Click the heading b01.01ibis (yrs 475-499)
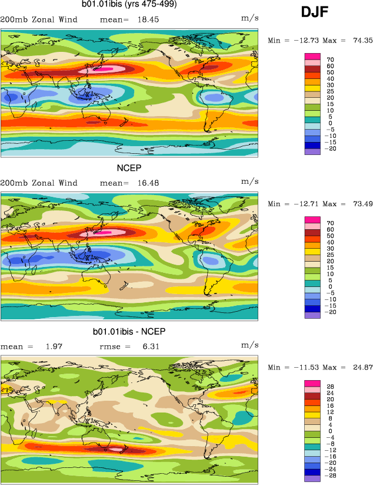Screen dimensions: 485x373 tap(129, 5)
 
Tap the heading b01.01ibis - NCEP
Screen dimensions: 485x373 tap(129, 332)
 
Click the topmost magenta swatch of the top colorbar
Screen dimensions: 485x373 tap(312, 57)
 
